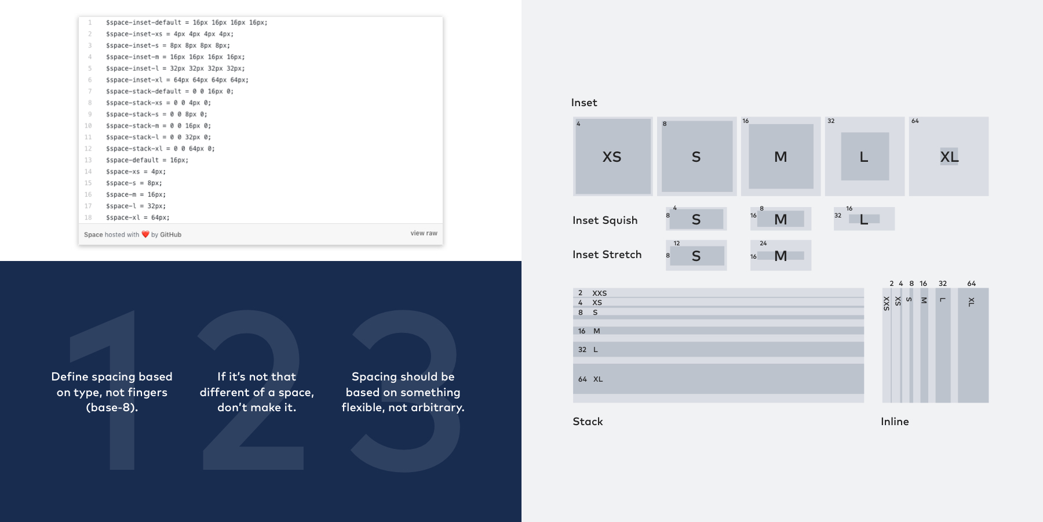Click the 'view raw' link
(424, 233)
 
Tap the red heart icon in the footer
(145, 234)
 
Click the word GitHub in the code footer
(170, 235)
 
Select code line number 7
(90, 92)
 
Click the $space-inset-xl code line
(177, 80)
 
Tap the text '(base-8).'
(112, 408)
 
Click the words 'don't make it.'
(257, 408)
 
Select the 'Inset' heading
(584, 103)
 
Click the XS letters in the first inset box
(612, 157)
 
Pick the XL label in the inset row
(949, 157)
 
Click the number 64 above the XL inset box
(915, 121)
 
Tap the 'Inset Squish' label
(605, 220)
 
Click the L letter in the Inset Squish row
(864, 220)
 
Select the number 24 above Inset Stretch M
(763, 244)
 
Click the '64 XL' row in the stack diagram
(590, 379)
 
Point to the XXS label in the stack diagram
(599, 293)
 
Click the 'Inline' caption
(895, 422)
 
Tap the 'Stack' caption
(588, 422)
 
